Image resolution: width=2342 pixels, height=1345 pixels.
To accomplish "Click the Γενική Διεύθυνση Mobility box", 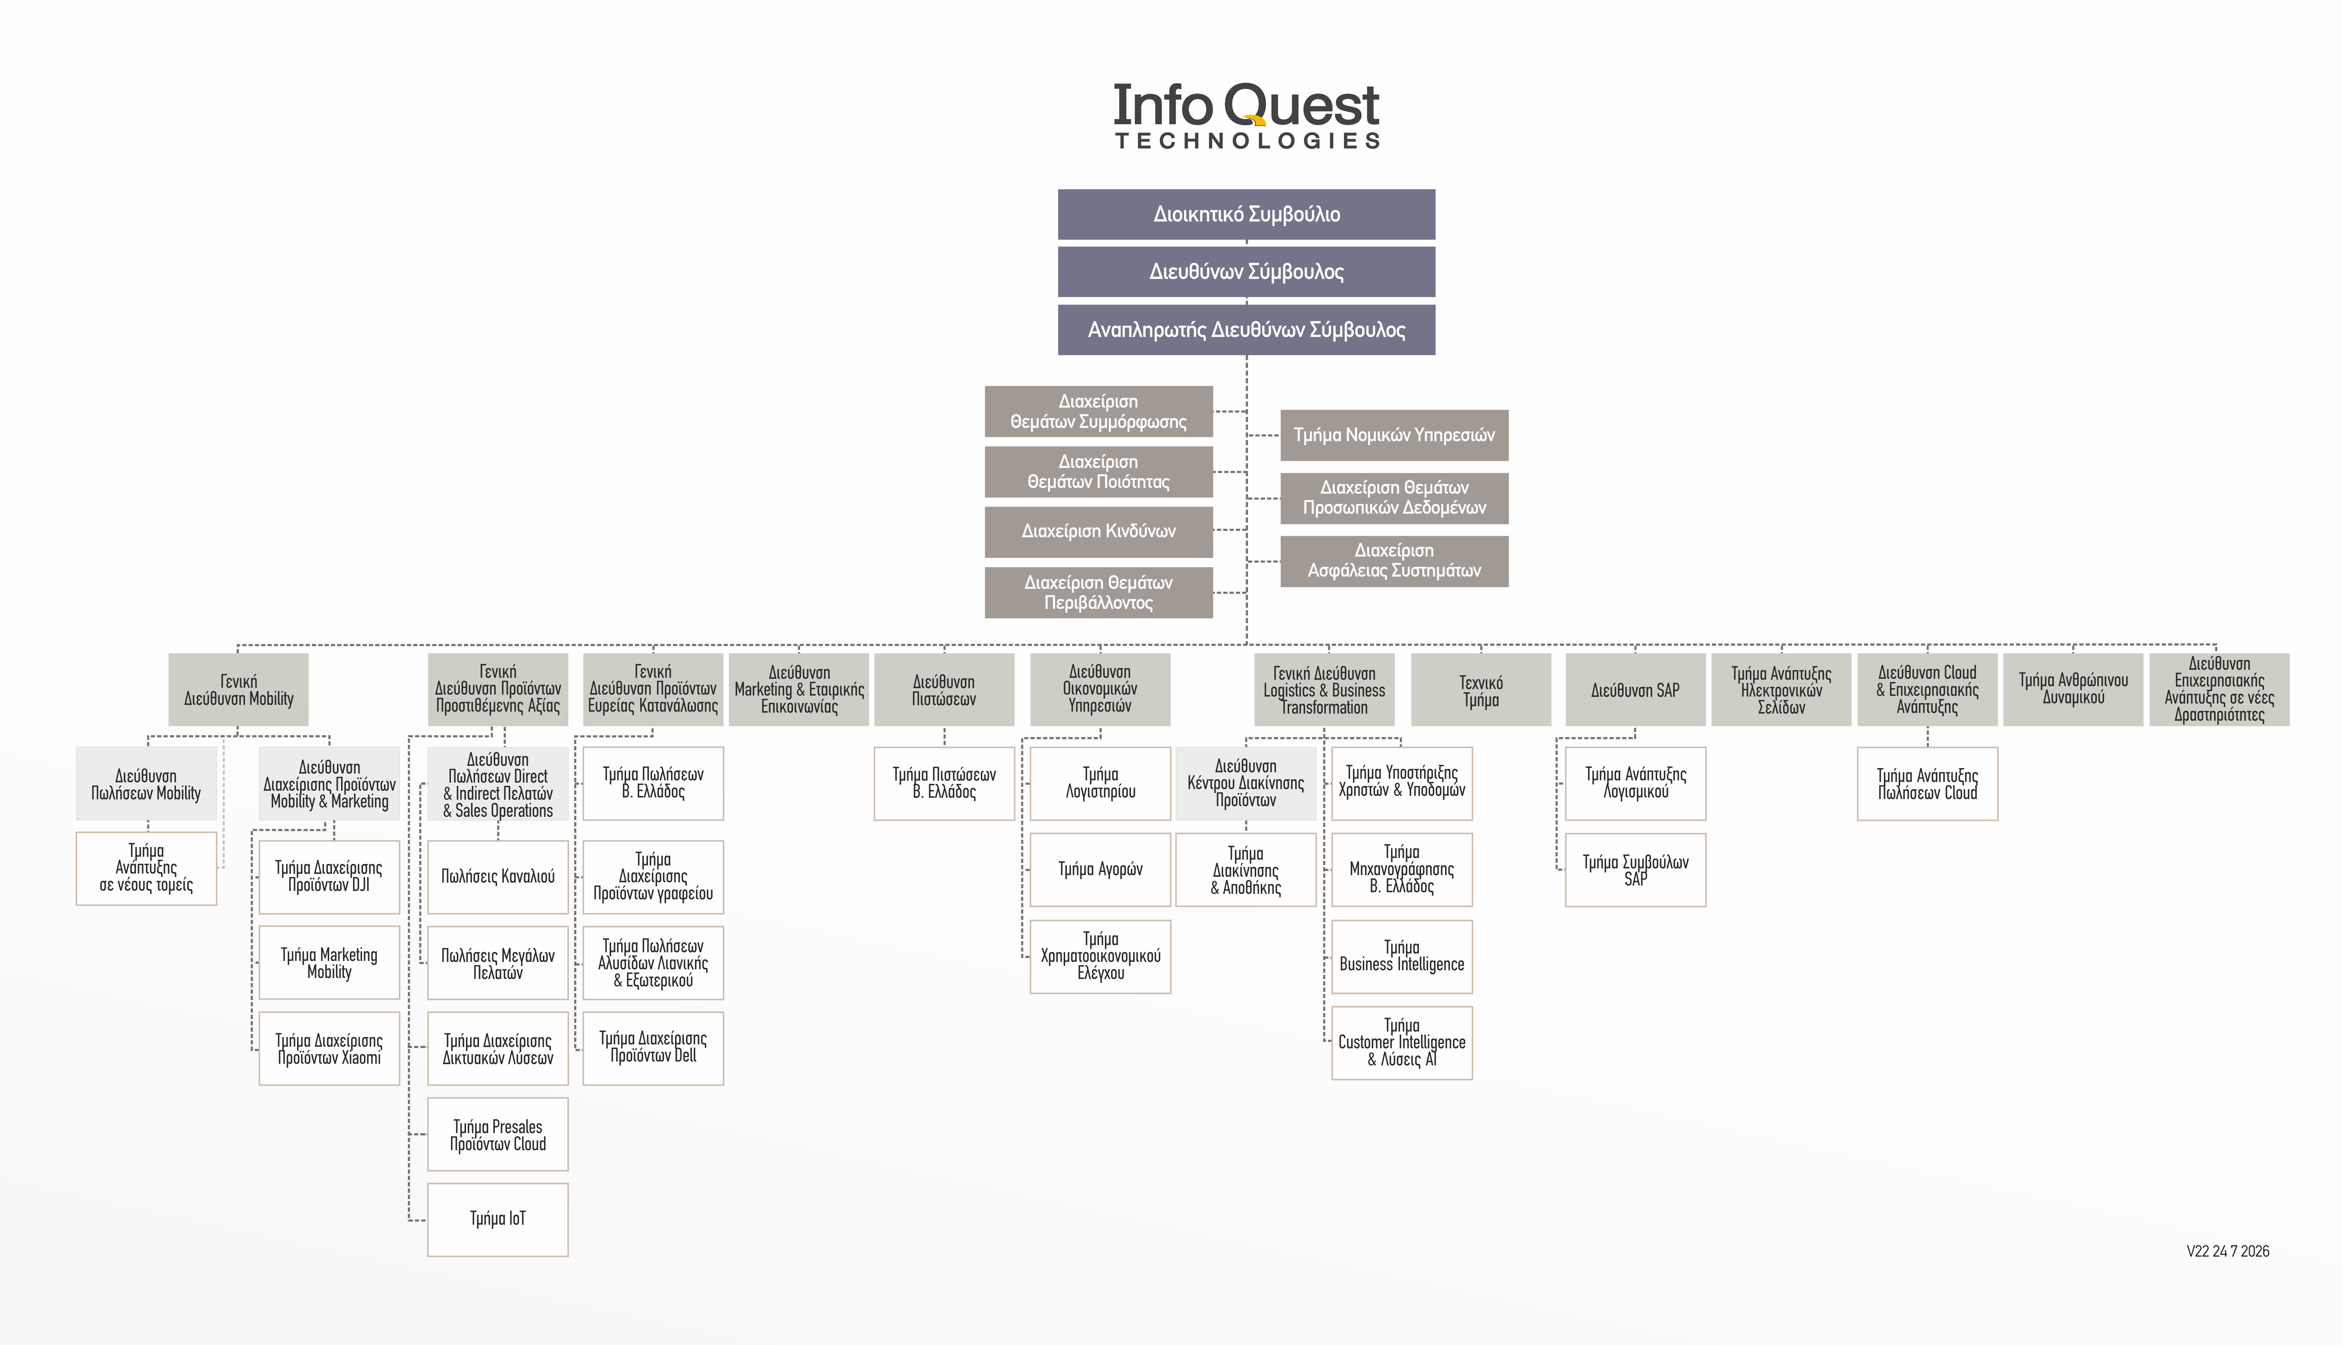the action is pyautogui.click(x=238, y=690).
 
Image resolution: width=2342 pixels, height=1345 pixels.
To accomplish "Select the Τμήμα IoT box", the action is pyautogui.click(x=498, y=1219).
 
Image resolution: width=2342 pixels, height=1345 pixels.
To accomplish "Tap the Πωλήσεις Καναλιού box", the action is pyautogui.click(x=498, y=877).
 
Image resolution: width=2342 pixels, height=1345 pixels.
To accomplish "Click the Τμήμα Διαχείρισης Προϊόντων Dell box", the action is pyautogui.click(x=653, y=1048).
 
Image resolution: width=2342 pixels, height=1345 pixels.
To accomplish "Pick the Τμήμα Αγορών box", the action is pyautogui.click(x=1100, y=869).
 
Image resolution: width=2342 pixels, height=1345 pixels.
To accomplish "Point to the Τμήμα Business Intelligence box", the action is pyautogui.click(x=1402, y=956).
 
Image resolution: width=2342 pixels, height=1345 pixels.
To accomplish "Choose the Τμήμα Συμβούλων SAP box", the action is pyautogui.click(x=1635, y=870).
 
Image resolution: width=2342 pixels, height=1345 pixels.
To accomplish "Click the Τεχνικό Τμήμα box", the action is pyautogui.click(x=1481, y=690).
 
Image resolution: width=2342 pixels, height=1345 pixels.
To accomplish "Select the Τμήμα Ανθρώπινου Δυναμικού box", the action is pyautogui.click(x=2073, y=690).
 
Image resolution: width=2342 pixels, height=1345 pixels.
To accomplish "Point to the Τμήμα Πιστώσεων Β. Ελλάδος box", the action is pyautogui.click(x=944, y=783).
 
